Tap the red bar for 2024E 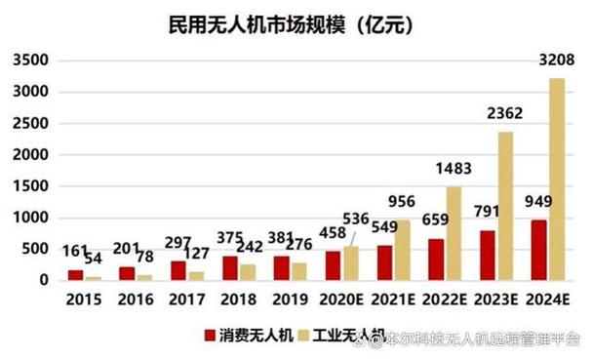pos(537,250)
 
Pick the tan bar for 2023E pos(505,206)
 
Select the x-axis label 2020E pos(343,298)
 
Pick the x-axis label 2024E pos(546,298)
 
